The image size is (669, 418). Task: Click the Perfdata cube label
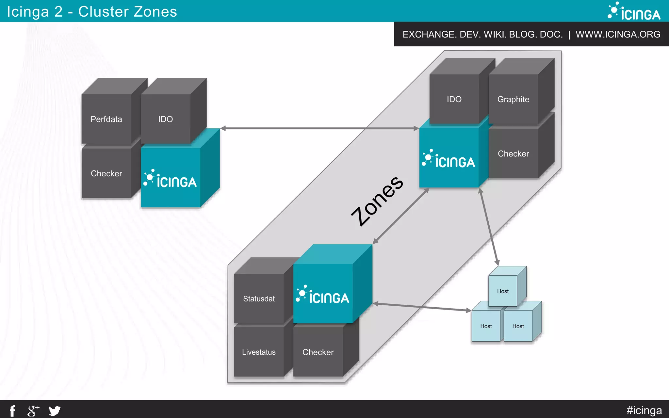106,119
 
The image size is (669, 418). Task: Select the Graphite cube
513,99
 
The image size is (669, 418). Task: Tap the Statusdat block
259,298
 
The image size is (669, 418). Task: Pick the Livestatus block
259,352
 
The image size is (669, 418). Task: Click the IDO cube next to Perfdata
166,119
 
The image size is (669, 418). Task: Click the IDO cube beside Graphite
454,99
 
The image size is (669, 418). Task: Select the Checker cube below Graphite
513,153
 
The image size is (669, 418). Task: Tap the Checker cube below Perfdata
106,173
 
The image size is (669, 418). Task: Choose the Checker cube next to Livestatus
318,352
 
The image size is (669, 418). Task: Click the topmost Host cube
503,291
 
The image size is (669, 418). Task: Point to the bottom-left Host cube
486,326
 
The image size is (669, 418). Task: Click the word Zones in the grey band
377,201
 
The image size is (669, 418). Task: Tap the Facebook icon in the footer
12,410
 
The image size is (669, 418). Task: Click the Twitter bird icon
55,410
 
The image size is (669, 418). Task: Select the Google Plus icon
33,410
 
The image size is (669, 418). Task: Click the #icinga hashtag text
644,410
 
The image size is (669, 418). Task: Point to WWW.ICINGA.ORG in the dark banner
618,34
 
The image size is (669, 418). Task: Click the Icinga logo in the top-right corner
634,11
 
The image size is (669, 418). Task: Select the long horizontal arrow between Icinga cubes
319,128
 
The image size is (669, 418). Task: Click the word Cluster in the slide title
103,12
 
